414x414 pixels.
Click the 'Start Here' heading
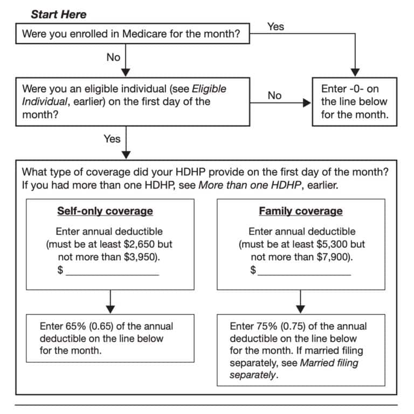click(x=58, y=14)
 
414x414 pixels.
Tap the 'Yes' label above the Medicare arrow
click(x=275, y=26)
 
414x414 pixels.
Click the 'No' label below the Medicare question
click(x=113, y=57)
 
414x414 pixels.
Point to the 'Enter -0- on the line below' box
click(x=354, y=102)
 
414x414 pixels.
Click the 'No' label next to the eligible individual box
click(x=274, y=95)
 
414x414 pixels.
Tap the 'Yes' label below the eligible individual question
click(x=112, y=139)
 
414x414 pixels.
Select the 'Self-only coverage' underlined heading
click(x=105, y=211)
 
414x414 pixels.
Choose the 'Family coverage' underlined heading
click(x=300, y=211)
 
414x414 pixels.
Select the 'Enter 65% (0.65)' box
click(x=110, y=339)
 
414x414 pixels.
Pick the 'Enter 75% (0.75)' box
click(x=301, y=350)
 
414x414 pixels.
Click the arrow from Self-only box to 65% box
click(x=110, y=302)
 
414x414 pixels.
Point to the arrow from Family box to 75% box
click(x=301, y=302)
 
